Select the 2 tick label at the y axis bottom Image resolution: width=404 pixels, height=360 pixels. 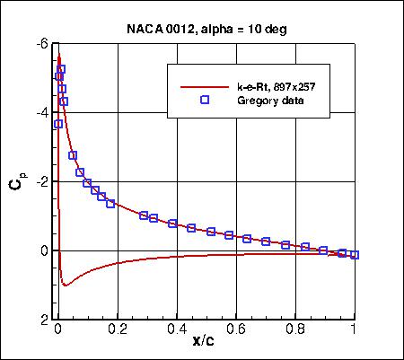point(42,320)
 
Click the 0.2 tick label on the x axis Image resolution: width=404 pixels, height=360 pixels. point(117,330)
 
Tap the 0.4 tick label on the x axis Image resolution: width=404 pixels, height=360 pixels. point(176,330)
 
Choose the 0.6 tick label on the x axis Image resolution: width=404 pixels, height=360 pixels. point(235,330)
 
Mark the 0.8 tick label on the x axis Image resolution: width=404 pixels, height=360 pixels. point(294,330)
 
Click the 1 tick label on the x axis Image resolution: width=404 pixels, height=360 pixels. point(355,330)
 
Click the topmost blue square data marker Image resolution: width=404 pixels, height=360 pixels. point(61,69)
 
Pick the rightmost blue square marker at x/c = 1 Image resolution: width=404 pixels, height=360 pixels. point(355,255)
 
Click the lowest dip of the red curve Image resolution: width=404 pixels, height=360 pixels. point(65,285)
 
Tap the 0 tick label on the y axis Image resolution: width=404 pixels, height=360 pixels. point(42,250)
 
